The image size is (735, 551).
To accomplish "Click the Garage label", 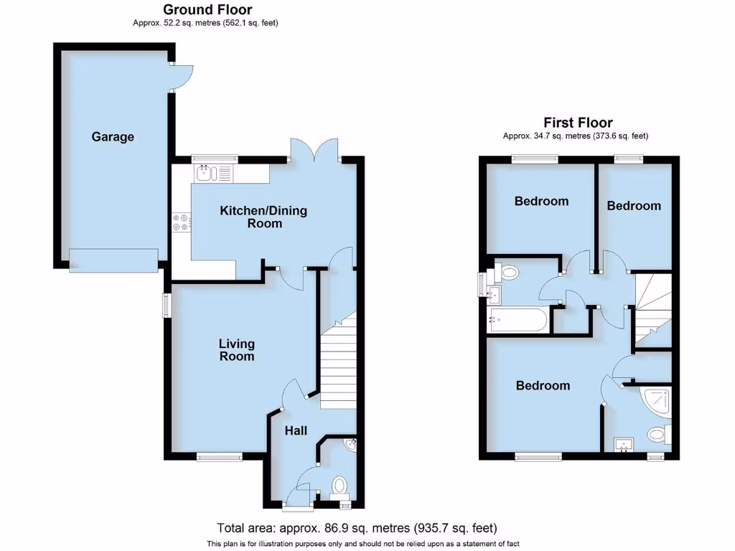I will coord(113,136).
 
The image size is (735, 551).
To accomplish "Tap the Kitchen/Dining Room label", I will coord(263,217).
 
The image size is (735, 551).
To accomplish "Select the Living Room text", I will coord(237,350).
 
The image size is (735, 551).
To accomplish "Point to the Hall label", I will coord(296,430).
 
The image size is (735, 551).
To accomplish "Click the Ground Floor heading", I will coord(207,9).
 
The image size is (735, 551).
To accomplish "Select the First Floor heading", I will coord(578,123).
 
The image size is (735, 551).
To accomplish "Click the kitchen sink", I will coord(207,172).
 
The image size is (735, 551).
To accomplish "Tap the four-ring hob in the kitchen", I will coord(181,223).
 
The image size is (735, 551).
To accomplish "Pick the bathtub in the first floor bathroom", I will coord(518,320).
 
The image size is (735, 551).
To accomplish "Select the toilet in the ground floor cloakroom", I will coord(339,486).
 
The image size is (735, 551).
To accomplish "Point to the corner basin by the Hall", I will coord(350,446).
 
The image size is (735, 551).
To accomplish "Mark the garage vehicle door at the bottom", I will coord(113,260).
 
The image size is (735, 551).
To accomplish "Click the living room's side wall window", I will coord(167,305).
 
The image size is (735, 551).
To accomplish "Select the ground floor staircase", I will coord(340,366).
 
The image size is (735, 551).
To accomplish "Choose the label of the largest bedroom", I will coord(543,385).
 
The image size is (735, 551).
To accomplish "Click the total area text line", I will coord(357,528).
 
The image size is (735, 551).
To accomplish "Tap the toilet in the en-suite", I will coord(657,434).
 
